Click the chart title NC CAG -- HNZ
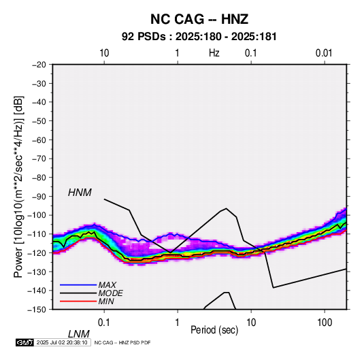[199, 19]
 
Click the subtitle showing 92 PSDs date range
[199, 37]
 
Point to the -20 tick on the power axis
[39, 65]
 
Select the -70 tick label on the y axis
[39, 159]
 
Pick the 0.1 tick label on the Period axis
[104, 323]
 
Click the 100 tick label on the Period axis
[325, 323]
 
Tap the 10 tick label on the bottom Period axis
[251, 323]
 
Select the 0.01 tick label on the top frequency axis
[324, 53]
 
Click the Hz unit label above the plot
[214, 53]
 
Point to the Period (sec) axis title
[214, 330]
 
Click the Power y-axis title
[18, 187]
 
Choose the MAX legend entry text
[107, 284]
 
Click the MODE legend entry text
[110, 293]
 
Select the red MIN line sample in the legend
[78, 301]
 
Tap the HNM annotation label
[80, 193]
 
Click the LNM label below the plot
[78, 334]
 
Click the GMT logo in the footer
[25, 342]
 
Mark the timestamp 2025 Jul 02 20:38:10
[62, 342]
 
